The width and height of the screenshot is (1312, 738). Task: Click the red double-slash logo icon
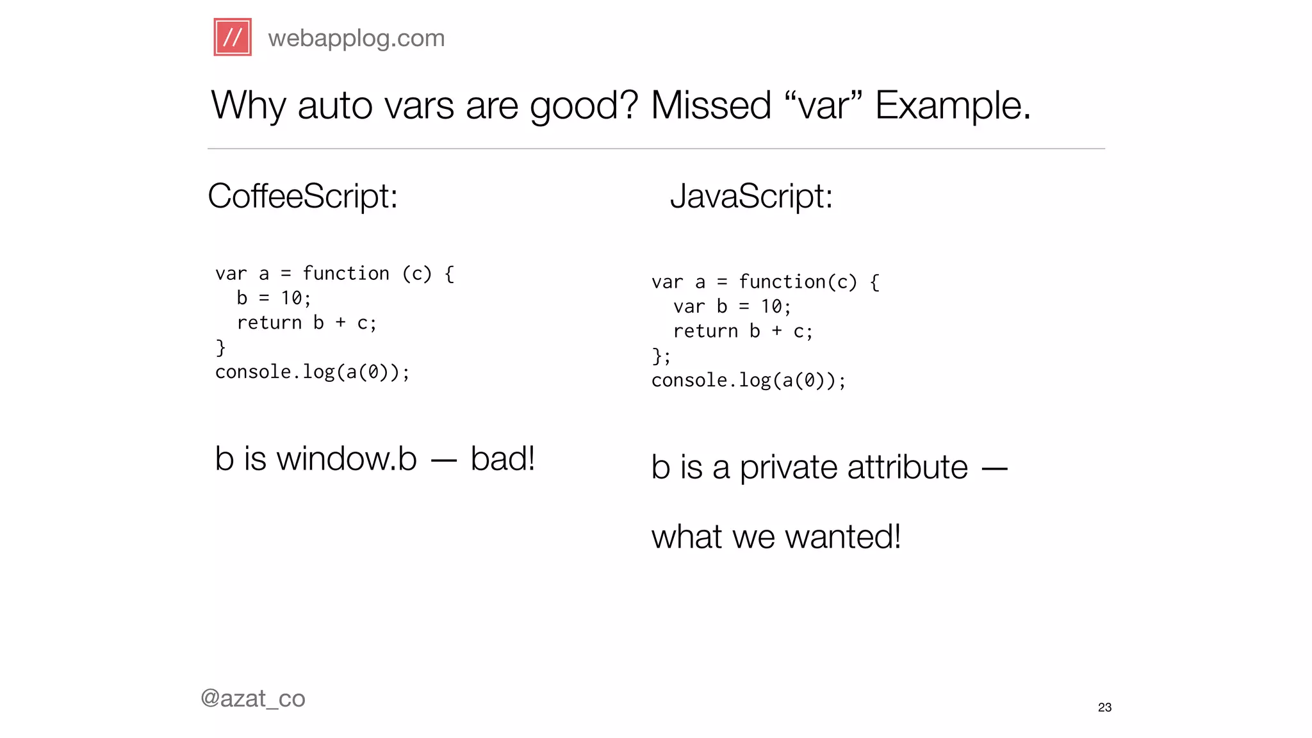coord(233,37)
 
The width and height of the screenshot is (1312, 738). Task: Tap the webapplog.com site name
coord(356,38)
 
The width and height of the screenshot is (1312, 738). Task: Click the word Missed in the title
coord(711,106)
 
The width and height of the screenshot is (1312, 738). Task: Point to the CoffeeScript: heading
coord(302,196)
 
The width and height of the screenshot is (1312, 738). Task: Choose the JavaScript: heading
coord(751,196)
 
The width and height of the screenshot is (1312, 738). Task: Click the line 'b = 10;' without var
coord(274,299)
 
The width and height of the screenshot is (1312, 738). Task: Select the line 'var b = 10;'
coord(732,307)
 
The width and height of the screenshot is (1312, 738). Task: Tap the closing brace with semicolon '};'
coord(660,356)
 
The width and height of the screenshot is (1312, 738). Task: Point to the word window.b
coord(347,459)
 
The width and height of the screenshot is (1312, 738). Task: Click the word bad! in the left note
coord(502,459)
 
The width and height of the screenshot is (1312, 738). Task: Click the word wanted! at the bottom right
coord(842,537)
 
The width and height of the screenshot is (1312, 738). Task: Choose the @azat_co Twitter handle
coord(253,698)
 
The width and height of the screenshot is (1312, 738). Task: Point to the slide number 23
coord(1104,707)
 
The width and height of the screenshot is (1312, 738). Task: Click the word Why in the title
coord(248,106)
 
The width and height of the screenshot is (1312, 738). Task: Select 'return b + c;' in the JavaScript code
coord(743,331)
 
